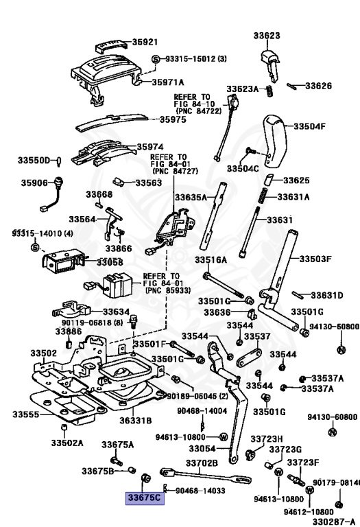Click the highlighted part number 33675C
tap(144, 497)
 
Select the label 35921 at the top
tap(145, 42)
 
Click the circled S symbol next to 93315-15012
tap(156, 60)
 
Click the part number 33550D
tap(35, 161)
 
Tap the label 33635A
tap(191, 198)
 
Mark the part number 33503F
tap(315, 259)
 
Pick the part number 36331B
tap(136, 420)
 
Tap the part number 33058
tap(110, 262)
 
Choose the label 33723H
tap(266, 439)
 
